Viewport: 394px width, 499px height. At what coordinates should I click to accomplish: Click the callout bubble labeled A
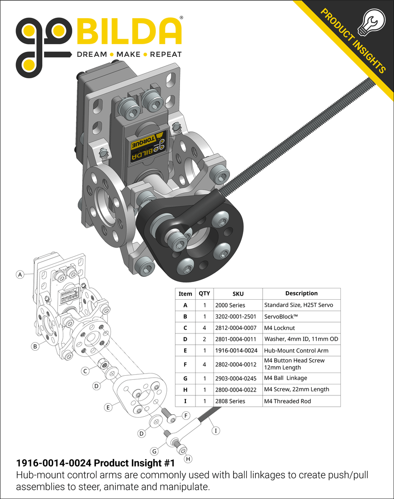pos(20,274)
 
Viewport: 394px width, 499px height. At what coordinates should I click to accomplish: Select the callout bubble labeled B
pos(35,346)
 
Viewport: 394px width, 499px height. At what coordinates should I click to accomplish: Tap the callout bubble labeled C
pos(85,371)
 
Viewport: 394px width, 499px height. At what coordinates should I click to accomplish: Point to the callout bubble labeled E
pos(108,408)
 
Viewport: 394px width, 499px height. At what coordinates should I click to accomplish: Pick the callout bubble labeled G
pos(155,451)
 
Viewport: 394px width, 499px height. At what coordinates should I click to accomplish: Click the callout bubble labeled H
pos(188,459)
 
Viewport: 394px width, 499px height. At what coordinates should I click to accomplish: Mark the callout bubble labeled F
pos(186,415)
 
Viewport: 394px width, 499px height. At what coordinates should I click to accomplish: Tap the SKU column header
pos(238,294)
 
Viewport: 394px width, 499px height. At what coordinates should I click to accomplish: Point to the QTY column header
pos(204,294)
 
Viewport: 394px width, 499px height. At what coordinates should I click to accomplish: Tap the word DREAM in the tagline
pos(92,54)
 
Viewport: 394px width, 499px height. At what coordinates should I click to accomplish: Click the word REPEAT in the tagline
pos(165,54)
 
